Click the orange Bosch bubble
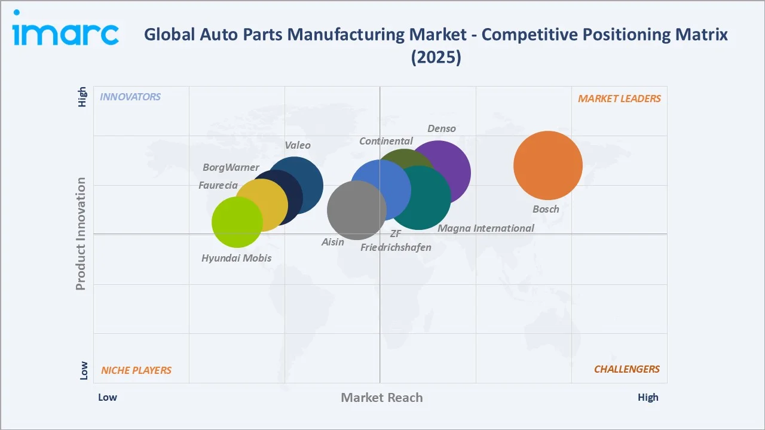coord(548,165)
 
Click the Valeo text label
coord(298,145)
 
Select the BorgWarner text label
coord(231,167)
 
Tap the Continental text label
coord(386,141)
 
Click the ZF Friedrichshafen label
coord(396,241)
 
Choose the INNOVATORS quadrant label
coord(130,97)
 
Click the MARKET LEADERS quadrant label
coord(619,99)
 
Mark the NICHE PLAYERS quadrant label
coord(136,370)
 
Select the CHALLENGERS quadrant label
coord(626,369)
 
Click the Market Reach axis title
coord(382,397)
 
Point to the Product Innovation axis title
coord(81,234)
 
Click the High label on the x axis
coord(648,397)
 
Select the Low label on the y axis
coord(84,370)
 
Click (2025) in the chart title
coord(436,57)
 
